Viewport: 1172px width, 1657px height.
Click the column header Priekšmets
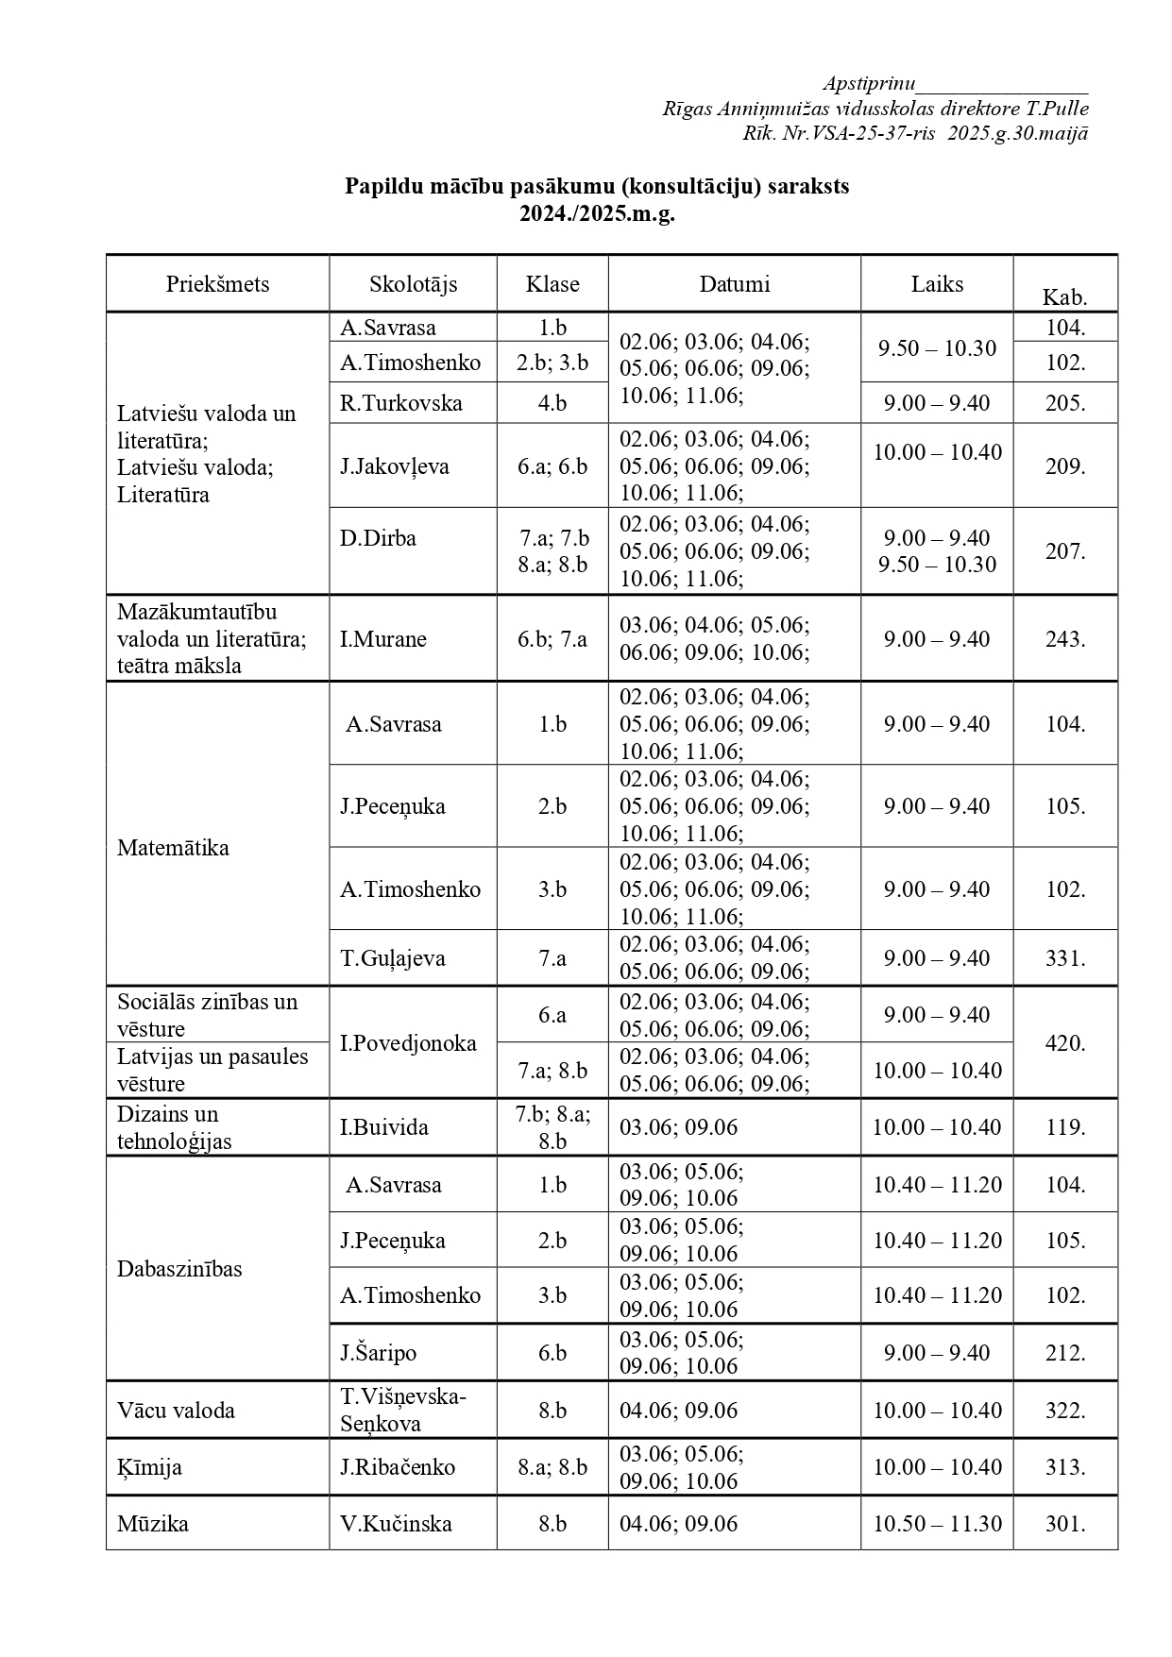[217, 284]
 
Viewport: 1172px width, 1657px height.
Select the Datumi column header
[734, 284]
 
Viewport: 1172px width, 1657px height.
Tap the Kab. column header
[1064, 297]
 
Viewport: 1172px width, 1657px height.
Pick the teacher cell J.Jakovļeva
[395, 466]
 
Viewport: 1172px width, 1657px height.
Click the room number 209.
[1064, 466]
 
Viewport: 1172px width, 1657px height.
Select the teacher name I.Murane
[383, 639]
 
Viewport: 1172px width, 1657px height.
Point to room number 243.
[1064, 639]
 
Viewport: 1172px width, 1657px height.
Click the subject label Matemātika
[173, 847]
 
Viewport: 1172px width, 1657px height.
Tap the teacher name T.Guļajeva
[393, 958]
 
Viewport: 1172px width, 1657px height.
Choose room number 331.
[1064, 958]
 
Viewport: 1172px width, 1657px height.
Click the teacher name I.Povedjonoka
[408, 1043]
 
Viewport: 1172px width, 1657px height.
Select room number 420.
[1064, 1043]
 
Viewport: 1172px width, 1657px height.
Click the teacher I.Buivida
[384, 1127]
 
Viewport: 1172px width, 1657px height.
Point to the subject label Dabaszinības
[179, 1268]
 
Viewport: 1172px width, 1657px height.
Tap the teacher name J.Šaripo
[379, 1353]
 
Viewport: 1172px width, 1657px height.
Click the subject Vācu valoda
[176, 1411]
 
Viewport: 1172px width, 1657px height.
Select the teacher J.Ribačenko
[398, 1467]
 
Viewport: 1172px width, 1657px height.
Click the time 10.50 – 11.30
[937, 1524]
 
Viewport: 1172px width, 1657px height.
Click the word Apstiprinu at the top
[868, 83]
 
